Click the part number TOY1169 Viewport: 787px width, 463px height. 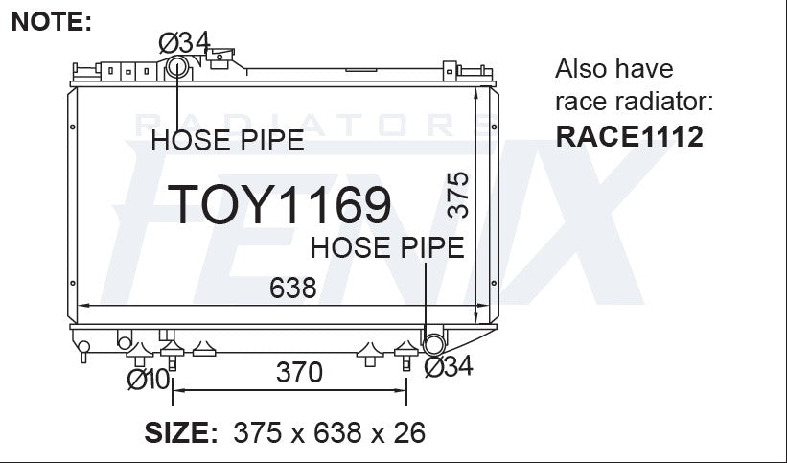279,204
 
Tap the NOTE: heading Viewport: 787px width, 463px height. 51,22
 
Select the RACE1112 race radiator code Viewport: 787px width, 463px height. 630,136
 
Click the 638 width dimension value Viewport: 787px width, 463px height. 293,288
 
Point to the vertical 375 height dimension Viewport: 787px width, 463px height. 457,195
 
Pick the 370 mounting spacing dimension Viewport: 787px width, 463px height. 299,372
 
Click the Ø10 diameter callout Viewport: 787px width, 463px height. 149,380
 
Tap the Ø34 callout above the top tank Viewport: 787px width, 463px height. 184,43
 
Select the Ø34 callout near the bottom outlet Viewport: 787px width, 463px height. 449,366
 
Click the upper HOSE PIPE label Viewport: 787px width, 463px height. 227,140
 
